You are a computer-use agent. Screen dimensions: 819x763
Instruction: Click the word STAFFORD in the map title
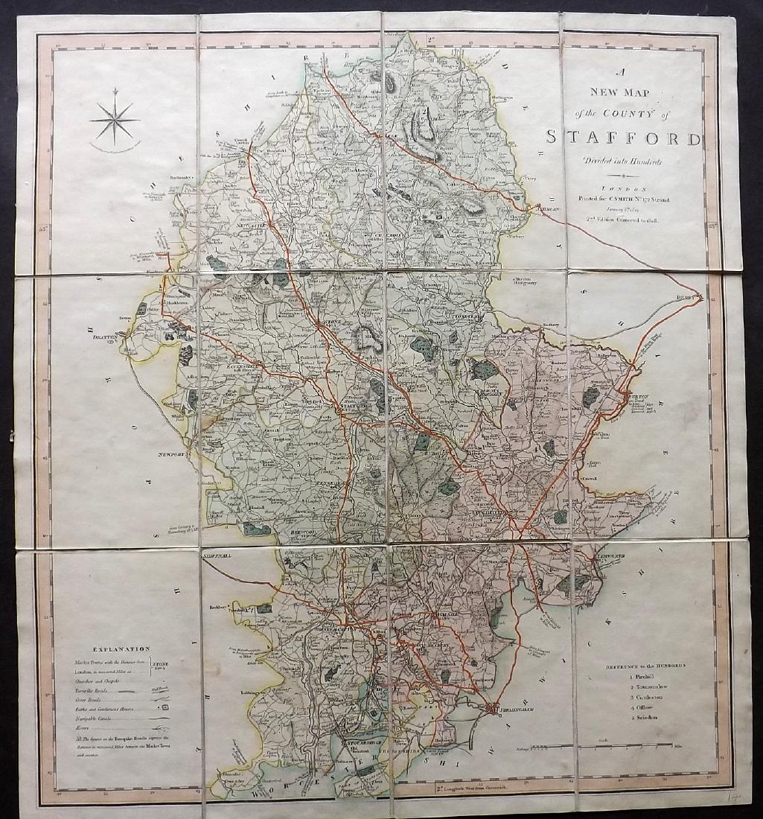(x=624, y=137)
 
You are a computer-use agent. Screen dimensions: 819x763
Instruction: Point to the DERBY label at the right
(x=687, y=296)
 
